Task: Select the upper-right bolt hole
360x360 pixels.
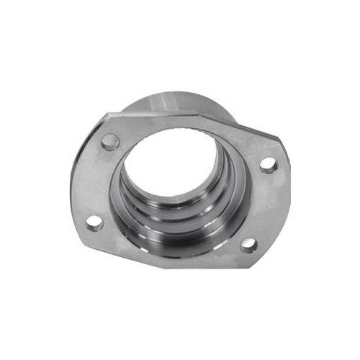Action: click(x=268, y=165)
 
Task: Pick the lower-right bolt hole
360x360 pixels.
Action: click(x=247, y=245)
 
